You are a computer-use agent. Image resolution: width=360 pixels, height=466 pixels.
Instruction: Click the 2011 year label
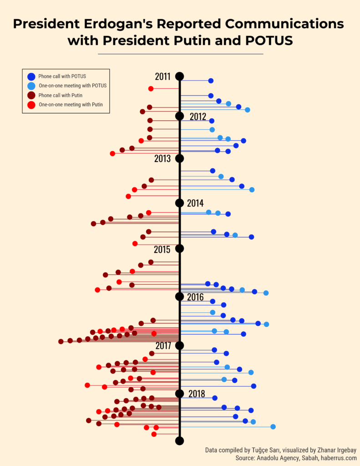[x=162, y=76]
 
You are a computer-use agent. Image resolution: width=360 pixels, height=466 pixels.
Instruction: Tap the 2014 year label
[x=195, y=203]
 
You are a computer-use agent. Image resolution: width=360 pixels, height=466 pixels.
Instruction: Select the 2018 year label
[x=196, y=394]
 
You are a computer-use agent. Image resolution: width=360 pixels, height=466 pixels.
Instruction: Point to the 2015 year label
[x=162, y=249]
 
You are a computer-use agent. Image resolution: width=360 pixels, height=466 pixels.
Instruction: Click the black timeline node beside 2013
[x=179, y=158]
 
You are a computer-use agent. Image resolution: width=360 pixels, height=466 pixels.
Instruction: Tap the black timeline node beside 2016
[x=179, y=297]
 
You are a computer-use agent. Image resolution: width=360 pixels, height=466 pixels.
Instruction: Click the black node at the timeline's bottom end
[x=179, y=441]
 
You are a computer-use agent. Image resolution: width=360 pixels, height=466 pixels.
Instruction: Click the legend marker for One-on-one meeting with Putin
[x=31, y=105]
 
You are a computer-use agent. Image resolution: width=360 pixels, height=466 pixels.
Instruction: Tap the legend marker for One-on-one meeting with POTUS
[x=31, y=86]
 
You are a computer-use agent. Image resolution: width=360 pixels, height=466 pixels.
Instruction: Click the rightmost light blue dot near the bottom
[x=273, y=426]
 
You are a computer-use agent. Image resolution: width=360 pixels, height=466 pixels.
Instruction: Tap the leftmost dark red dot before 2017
[x=61, y=341]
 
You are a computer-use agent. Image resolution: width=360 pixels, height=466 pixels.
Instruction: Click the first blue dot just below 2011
[x=211, y=81]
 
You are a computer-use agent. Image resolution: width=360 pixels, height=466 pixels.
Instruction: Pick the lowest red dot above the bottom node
[x=154, y=434]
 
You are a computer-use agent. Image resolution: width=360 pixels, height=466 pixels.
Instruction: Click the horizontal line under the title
[x=180, y=54]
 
